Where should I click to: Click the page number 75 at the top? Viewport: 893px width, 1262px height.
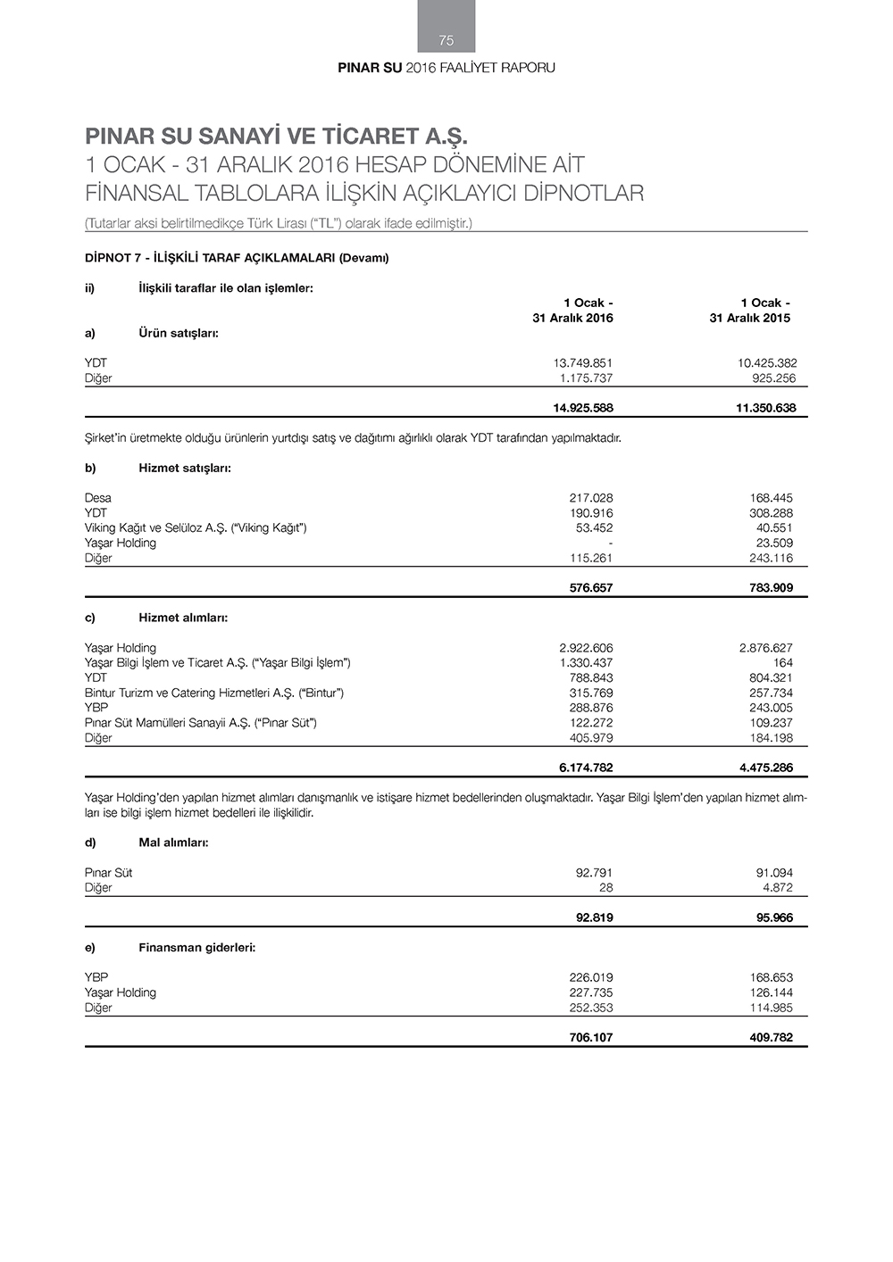click(x=446, y=40)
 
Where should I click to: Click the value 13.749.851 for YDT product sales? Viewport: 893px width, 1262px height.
click(x=583, y=363)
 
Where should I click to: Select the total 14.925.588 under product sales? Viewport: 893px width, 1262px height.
click(x=583, y=409)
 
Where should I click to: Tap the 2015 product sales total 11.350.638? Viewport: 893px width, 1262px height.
click(x=761, y=409)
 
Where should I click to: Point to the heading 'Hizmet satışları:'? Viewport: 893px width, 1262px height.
click(x=185, y=468)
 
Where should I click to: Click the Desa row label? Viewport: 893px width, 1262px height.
click(x=98, y=498)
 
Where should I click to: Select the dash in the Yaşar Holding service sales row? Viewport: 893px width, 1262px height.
click(x=610, y=543)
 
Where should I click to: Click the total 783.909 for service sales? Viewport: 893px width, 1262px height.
click(x=772, y=588)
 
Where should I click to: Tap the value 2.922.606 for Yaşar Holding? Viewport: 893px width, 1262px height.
click(x=586, y=648)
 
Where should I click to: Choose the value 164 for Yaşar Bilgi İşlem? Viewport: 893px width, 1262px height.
click(x=783, y=663)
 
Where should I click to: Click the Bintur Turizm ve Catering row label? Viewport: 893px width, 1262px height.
click(x=214, y=693)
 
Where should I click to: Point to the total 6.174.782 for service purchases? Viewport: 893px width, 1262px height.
click(x=586, y=768)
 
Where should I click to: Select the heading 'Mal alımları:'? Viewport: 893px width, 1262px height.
click(x=173, y=843)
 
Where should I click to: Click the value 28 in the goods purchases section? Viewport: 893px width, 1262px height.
click(x=605, y=888)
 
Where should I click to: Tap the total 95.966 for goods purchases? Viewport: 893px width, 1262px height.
click(x=774, y=917)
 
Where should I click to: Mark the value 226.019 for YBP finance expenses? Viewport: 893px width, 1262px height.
click(x=591, y=977)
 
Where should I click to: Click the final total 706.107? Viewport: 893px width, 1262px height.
click(x=591, y=1038)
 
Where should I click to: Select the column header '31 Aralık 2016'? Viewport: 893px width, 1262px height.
click(x=572, y=319)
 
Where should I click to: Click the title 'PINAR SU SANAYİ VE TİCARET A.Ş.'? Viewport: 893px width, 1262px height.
click(x=277, y=137)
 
